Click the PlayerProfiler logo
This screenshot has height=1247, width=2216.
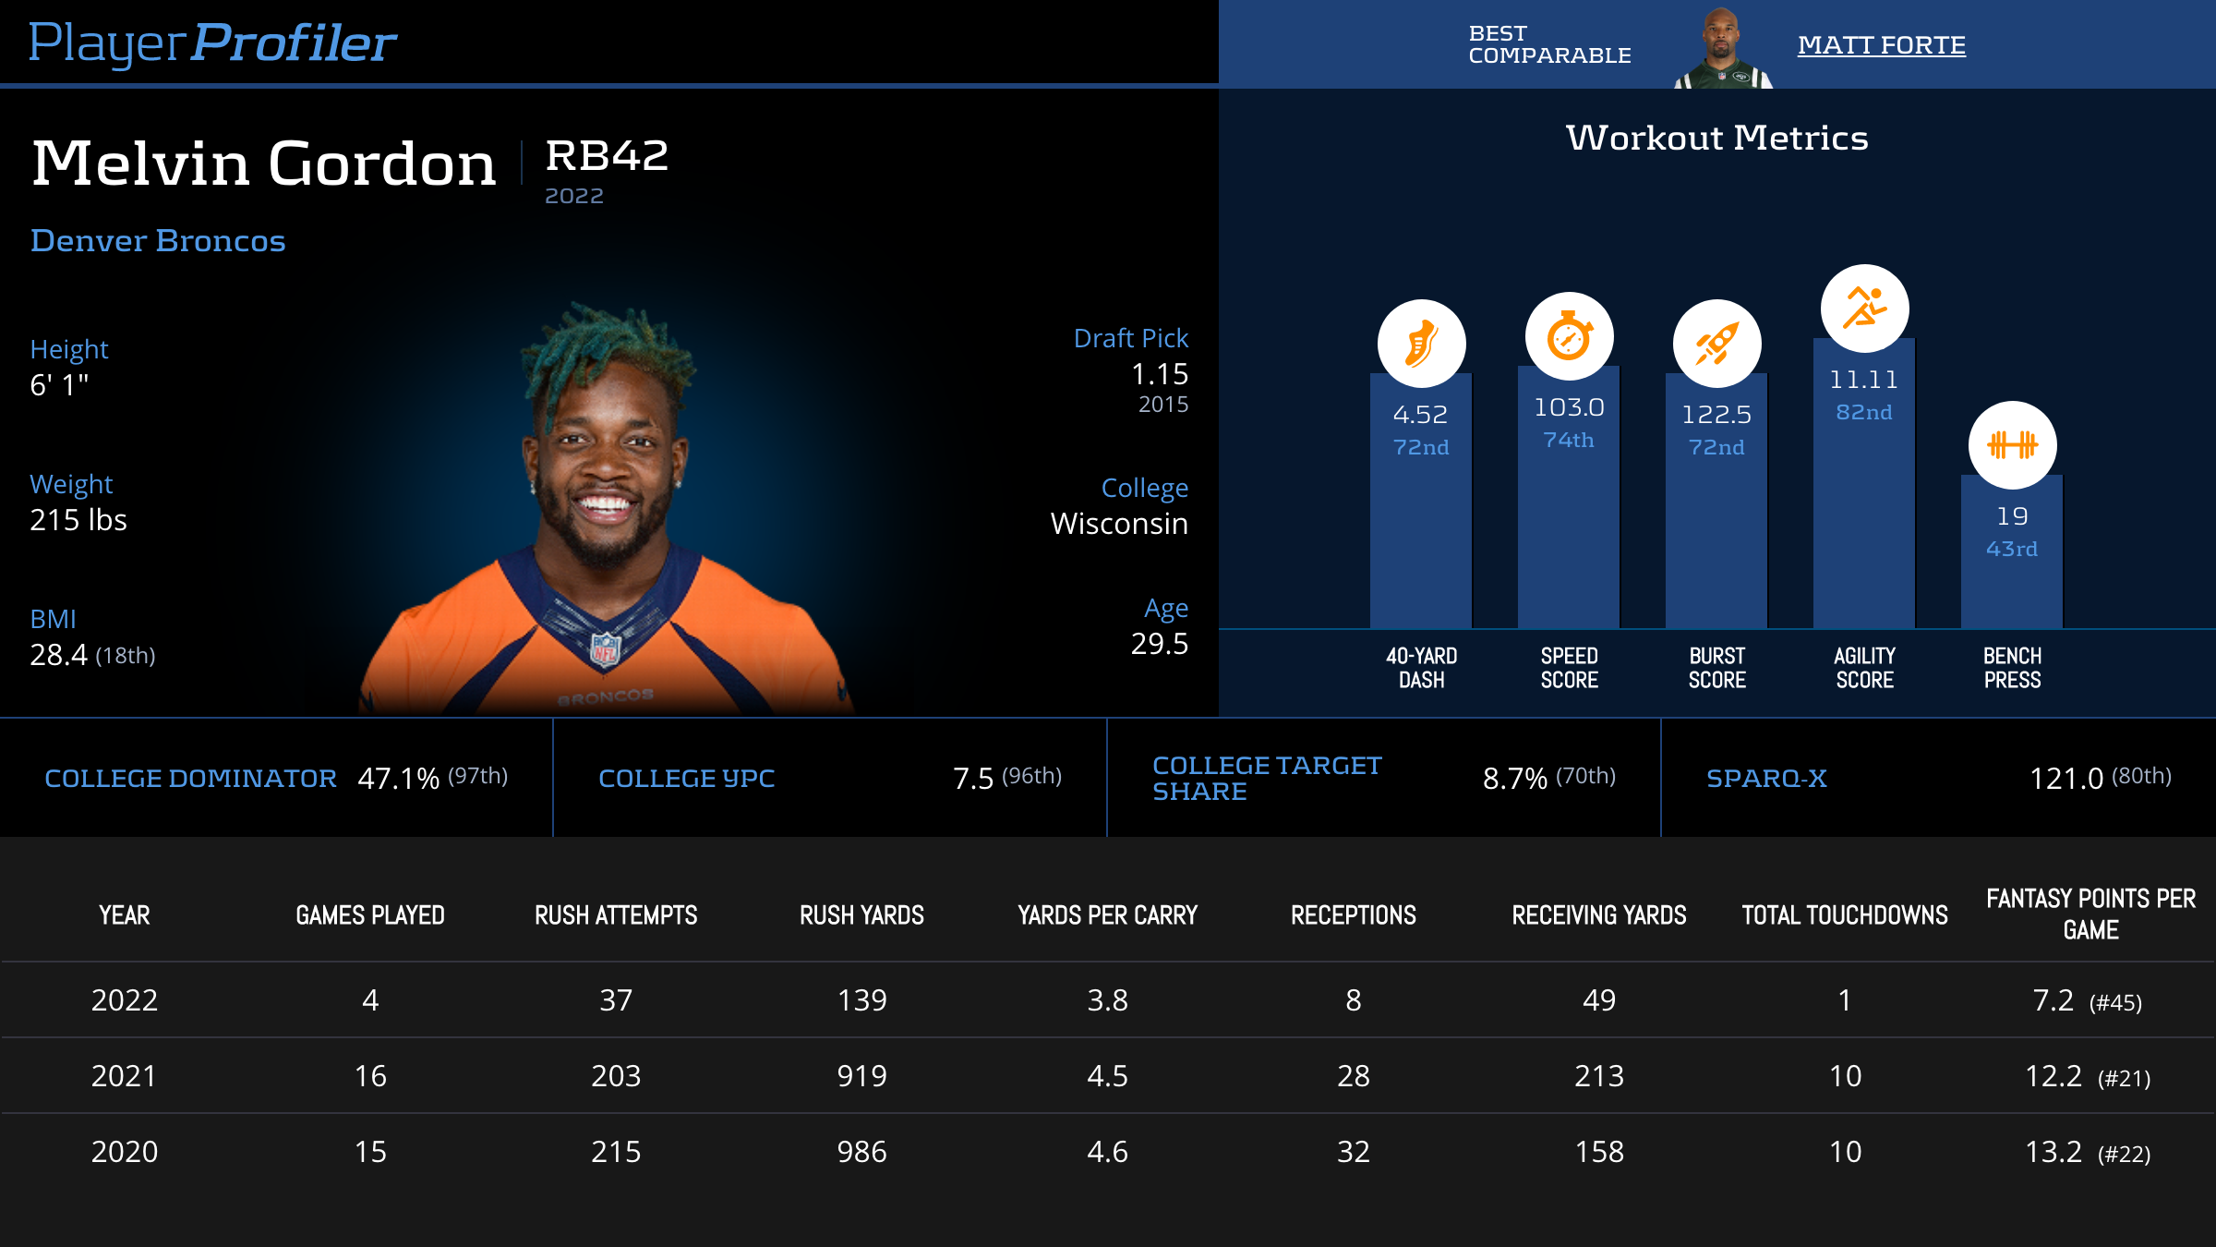coord(212,43)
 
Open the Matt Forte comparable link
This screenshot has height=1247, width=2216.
coord(1881,44)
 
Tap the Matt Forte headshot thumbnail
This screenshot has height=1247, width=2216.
coord(1722,48)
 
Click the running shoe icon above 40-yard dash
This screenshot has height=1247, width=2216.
coord(1421,344)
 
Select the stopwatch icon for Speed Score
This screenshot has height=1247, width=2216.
coord(1569,336)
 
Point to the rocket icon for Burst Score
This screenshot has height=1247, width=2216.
coord(1716,344)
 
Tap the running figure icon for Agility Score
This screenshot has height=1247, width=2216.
coord(1864,309)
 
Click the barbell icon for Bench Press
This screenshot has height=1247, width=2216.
coord(2012,445)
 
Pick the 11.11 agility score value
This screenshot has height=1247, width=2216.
coord(1864,380)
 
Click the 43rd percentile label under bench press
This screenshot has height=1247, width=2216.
coord(2012,549)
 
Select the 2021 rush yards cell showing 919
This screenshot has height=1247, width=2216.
coord(861,1076)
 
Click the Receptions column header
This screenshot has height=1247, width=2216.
coord(1353,915)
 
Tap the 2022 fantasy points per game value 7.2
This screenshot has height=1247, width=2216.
coord(2053,1000)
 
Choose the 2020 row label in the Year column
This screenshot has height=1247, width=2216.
coord(125,1152)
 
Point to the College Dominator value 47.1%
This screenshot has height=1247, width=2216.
coord(398,779)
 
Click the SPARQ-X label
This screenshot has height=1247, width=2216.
coord(1766,779)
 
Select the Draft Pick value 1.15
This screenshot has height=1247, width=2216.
coord(1160,374)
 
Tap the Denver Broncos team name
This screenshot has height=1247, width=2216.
coord(158,240)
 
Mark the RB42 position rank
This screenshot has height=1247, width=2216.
coord(607,155)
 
